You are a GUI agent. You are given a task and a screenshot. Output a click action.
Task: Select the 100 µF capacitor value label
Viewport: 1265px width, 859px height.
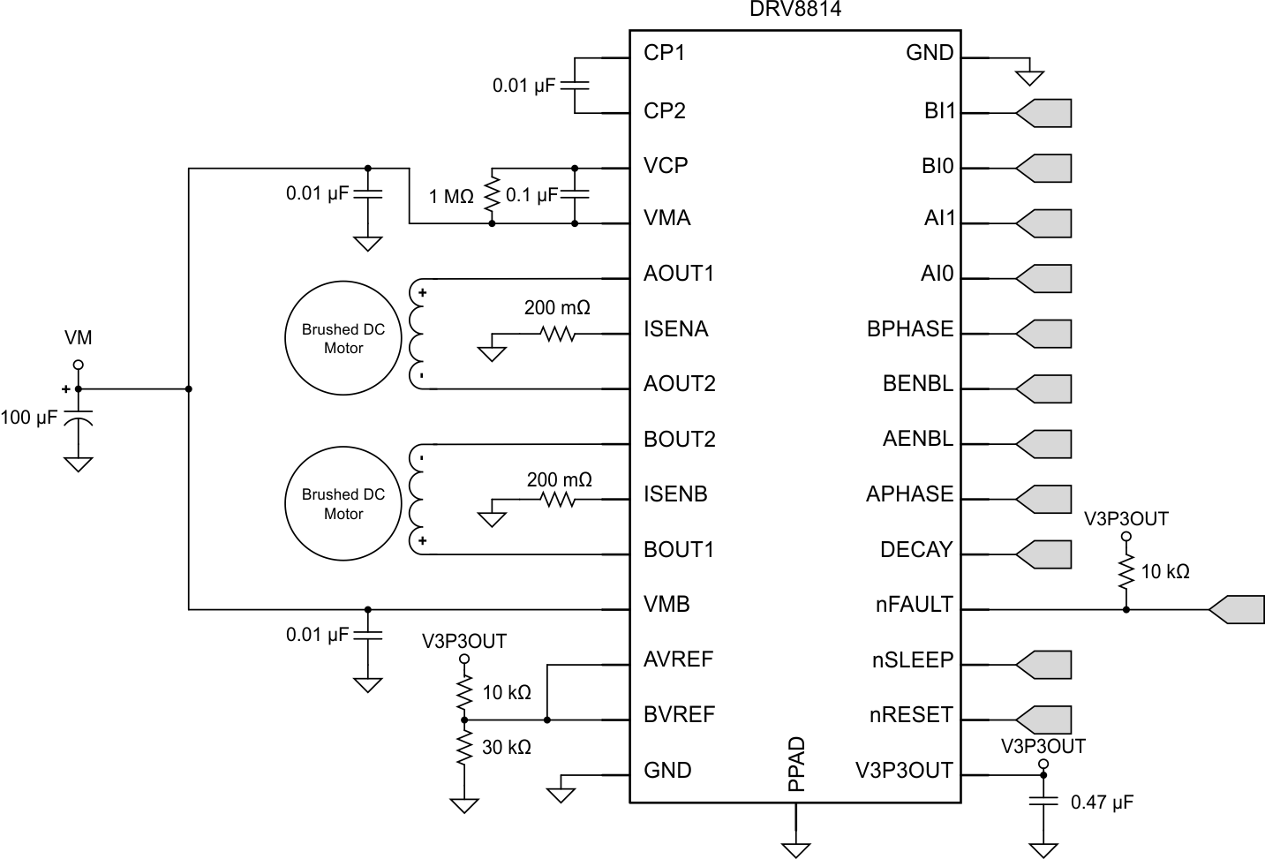[x=29, y=417]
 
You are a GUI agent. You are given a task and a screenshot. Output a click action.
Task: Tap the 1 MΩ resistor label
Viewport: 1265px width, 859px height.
[x=451, y=197]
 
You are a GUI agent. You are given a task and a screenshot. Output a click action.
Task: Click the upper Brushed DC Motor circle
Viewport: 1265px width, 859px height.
[x=343, y=339]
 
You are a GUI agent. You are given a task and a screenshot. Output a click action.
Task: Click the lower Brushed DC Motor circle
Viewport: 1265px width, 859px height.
[x=343, y=504]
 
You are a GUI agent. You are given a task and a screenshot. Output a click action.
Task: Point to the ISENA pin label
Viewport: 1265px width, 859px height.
[x=675, y=329]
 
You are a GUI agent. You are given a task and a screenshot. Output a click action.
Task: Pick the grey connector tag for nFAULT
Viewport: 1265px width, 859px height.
[x=1238, y=609]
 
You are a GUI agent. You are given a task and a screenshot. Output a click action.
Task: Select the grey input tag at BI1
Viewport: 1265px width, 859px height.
[x=1045, y=113]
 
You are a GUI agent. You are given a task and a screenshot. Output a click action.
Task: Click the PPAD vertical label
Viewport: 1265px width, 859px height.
[x=796, y=764]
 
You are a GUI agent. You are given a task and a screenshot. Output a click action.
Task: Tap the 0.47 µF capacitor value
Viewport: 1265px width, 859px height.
[x=1101, y=802]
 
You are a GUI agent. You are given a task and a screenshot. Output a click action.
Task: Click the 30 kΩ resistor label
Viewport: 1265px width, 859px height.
[x=506, y=748]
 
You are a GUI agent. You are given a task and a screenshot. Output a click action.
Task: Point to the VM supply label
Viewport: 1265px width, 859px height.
[x=78, y=338]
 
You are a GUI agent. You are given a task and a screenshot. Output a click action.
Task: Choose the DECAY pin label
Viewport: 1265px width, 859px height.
[x=916, y=550]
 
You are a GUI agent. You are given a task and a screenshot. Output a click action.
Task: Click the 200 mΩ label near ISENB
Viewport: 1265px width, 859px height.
[x=559, y=480]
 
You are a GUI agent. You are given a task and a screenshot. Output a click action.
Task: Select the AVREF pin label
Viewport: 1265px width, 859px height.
[x=678, y=659]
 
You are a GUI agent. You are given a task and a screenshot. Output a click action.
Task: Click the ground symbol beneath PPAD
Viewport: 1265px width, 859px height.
[x=796, y=848]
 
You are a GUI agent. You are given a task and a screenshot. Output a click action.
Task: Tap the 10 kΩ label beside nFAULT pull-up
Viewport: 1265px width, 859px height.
[x=1164, y=572]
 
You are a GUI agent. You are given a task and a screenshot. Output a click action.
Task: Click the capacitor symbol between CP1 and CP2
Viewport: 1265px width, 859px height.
[x=575, y=86]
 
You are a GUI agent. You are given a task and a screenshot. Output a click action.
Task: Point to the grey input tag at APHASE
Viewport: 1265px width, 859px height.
[x=1045, y=499]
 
